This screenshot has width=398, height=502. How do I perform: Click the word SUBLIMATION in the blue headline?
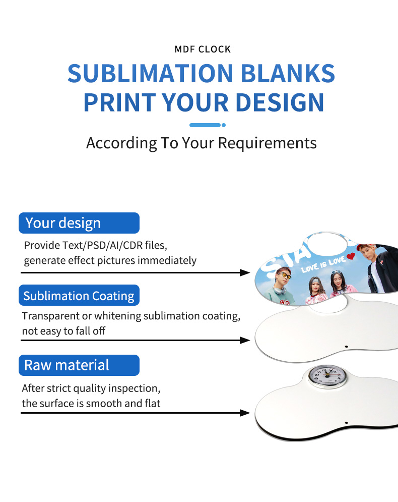[150, 74]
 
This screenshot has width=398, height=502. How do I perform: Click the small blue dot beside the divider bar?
[224, 125]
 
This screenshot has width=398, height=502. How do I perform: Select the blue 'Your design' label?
[79, 223]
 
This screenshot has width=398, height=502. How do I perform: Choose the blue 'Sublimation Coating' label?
[79, 296]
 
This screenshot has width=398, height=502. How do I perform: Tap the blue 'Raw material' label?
[79, 365]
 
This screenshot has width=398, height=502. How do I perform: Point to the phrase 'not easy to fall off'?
[64, 331]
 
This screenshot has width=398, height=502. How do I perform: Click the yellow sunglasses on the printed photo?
[286, 276]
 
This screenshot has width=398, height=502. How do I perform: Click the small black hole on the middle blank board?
[347, 346]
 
